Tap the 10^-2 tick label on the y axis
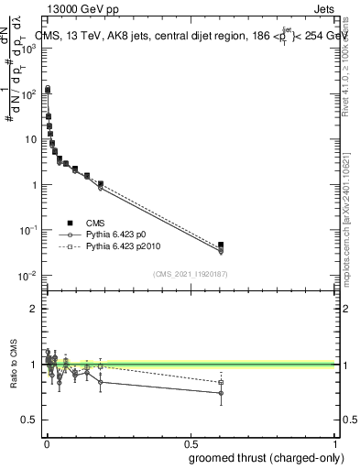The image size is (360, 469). pyautogui.click(x=28, y=276)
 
